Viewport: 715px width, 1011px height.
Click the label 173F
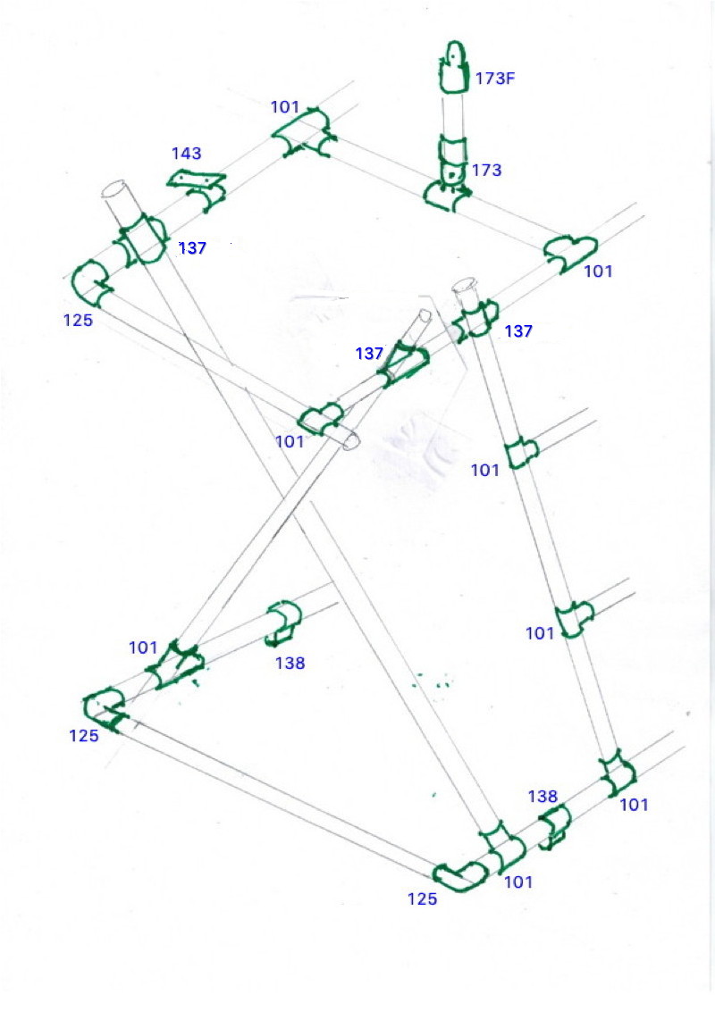coord(495,79)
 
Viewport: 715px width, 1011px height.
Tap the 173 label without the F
coord(486,171)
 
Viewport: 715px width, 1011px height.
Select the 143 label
coord(187,154)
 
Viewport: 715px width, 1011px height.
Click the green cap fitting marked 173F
coord(454,66)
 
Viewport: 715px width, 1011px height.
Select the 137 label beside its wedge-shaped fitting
coord(369,354)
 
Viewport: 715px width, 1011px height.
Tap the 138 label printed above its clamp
coord(543,797)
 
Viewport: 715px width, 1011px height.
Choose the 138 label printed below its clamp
coord(290,663)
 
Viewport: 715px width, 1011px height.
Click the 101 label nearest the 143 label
coord(284,107)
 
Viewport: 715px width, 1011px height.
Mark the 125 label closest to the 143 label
coord(78,321)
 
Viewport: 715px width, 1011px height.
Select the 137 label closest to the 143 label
coord(192,248)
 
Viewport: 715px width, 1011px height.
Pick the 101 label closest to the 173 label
coord(598,272)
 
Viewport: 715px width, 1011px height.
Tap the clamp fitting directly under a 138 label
coord(554,826)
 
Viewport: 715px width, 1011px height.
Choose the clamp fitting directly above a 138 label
coord(283,622)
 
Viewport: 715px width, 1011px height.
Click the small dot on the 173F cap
coord(454,57)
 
